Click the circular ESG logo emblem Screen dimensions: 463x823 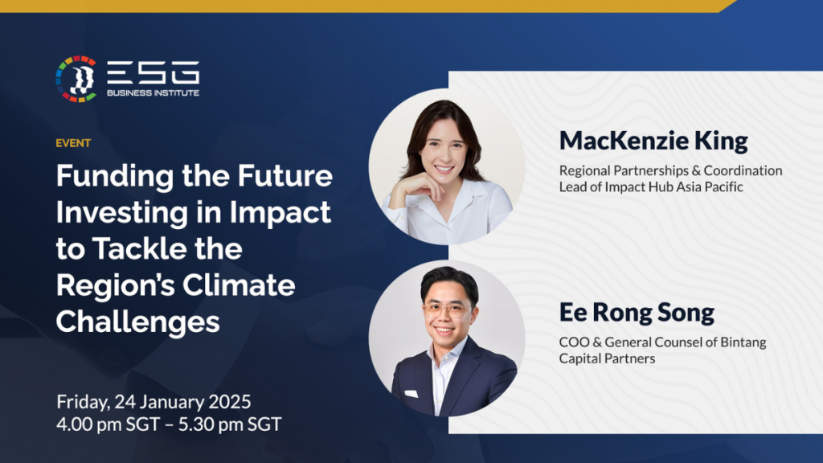click(x=76, y=79)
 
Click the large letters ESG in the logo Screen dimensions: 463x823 click(x=154, y=73)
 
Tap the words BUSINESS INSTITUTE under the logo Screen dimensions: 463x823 click(x=154, y=93)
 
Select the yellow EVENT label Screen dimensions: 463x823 click(x=73, y=143)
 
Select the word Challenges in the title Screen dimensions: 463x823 click(x=137, y=321)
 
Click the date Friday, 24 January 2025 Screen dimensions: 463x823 click(x=154, y=400)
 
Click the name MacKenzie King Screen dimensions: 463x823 click(x=653, y=141)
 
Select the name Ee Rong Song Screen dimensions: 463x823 click(x=637, y=313)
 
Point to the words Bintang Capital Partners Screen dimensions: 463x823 click(x=662, y=350)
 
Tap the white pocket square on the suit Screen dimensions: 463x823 click(x=411, y=394)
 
